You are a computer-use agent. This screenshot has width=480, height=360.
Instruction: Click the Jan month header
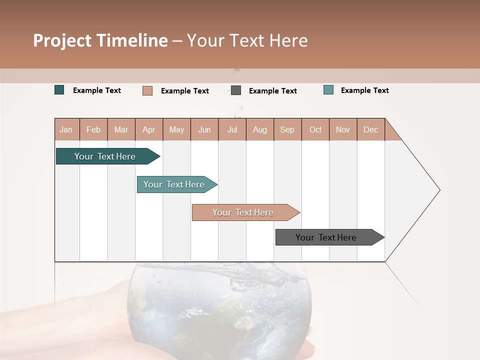66,129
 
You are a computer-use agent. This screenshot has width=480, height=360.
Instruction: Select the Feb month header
93,129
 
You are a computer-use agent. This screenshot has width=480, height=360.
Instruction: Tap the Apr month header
149,129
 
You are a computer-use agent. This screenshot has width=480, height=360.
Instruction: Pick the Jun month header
204,129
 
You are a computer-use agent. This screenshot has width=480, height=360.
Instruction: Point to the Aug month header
260,129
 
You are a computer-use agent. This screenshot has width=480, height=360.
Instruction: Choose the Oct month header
315,129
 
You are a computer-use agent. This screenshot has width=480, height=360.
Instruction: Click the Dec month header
371,129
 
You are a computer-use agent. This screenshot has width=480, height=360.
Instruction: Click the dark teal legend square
59,90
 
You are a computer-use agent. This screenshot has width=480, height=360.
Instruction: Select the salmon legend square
147,90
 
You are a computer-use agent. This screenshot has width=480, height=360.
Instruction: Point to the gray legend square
236,90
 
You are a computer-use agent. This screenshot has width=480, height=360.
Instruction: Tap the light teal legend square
328,90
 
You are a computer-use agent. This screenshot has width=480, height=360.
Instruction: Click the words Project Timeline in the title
100,40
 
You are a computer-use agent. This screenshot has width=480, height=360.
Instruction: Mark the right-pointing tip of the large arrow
438,190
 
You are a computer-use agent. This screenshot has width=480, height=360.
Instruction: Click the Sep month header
287,129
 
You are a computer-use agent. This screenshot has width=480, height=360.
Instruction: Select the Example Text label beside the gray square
273,91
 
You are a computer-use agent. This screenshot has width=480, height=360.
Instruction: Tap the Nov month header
343,129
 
